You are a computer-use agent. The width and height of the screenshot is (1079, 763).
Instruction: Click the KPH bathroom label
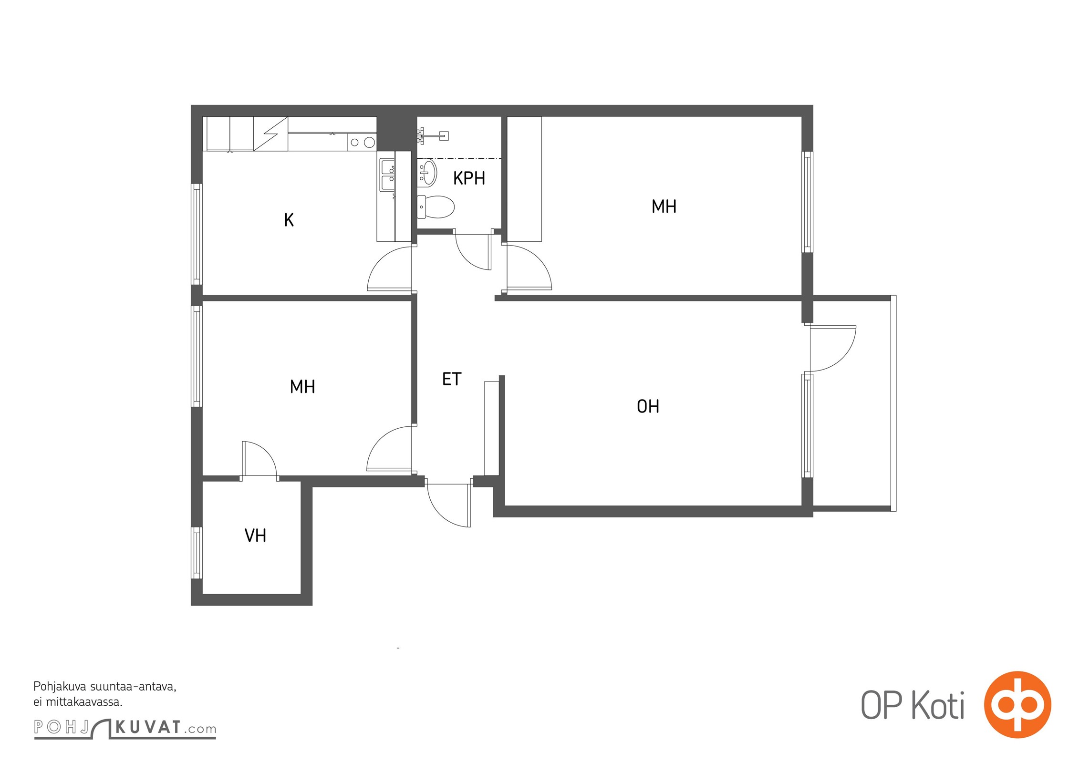pos(469,178)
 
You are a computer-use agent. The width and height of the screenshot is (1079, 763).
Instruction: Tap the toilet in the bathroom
pos(436,206)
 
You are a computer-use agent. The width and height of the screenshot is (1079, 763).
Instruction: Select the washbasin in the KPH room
pos(427,173)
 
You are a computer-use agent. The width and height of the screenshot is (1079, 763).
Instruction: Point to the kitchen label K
pos(289,220)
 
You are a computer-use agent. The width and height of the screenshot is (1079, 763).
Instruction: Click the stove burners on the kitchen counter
pos(362,142)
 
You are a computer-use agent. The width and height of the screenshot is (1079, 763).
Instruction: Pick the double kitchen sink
pos(387,175)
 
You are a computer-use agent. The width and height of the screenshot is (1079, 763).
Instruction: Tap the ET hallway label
pos(452,379)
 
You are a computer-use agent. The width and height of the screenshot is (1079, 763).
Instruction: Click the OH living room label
pos(648,406)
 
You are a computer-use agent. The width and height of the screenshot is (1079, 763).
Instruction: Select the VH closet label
pos(255,536)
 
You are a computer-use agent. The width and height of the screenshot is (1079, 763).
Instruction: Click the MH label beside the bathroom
pos(664,206)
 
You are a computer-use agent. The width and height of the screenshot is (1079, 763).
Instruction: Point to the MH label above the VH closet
pos(302,386)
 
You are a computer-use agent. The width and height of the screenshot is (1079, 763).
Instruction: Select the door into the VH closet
pos(259,459)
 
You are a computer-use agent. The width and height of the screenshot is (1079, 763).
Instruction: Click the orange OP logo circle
pos(1017,704)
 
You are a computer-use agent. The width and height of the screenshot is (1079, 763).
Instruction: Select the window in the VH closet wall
pos(197,553)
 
